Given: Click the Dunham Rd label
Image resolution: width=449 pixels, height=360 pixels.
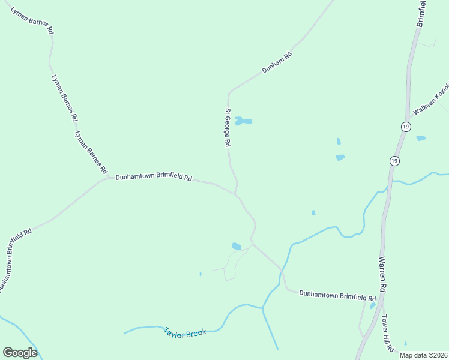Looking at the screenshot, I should click(x=277, y=62).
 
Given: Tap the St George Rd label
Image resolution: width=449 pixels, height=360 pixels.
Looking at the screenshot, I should click(x=228, y=128).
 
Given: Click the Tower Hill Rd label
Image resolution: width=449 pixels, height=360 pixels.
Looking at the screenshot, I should click(x=388, y=333).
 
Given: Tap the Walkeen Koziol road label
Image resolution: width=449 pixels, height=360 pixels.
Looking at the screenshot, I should click(x=431, y=103).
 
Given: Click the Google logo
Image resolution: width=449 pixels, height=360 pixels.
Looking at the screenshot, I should click(x=20, y=353).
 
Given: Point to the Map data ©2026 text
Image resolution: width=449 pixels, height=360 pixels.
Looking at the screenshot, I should click(x=423, y=355).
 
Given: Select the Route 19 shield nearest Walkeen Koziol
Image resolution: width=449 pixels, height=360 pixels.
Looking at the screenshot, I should click(x=406, y=127).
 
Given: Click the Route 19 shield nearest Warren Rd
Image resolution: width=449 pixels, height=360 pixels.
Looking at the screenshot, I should click(x=394, y=161).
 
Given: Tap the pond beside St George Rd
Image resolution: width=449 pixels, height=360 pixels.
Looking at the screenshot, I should click(x=243, y=121).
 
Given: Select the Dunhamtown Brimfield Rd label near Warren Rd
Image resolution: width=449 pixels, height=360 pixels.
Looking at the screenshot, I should click(x=337, y=296).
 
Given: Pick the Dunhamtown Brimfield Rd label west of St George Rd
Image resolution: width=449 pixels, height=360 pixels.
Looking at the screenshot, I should click(x=154, y=178).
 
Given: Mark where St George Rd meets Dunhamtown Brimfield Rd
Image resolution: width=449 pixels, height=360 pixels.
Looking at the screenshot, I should click(x=235, y=194).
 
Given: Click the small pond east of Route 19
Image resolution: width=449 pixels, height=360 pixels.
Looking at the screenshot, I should click(x=421, y=138).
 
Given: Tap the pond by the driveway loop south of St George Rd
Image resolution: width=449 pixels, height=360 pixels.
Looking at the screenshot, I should click(x=237, y=246).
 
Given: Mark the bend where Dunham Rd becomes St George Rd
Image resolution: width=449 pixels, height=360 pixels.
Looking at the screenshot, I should click(x=229, y=94).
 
